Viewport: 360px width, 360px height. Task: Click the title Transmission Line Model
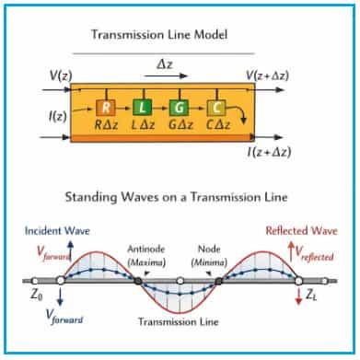[x=172, y=35]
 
